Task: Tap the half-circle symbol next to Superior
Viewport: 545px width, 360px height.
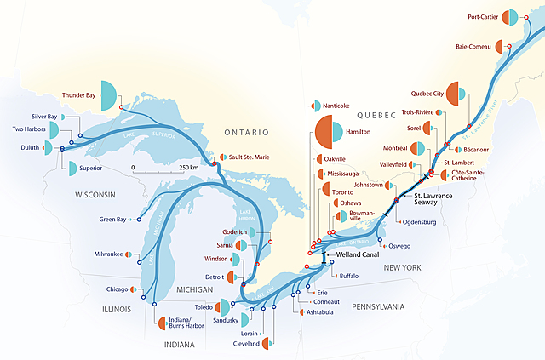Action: [70, 168]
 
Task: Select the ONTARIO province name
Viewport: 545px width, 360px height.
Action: [245, 133]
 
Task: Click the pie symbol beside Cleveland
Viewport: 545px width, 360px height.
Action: [267, 344]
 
